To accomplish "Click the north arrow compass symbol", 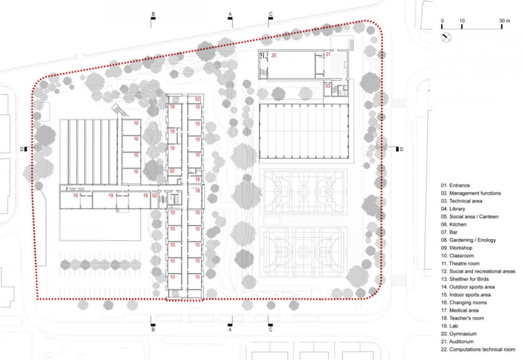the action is click(446, 37).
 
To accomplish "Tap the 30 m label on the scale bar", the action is click(504, 21).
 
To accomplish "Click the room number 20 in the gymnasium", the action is click(274, 55).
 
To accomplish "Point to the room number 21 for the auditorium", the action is click(328, 54).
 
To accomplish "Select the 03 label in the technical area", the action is click(328, 86).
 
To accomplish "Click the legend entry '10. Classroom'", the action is click(457, 255).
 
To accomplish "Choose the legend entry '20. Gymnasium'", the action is click(459, 334).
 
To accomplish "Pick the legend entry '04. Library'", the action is click(453, 209).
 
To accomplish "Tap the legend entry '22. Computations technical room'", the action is click(478, 350).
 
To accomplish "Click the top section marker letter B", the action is click(153, 14).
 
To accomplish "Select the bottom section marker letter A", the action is click(230, 330).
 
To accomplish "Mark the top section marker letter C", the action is click(270, 14).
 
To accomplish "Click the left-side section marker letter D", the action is click(22, 149).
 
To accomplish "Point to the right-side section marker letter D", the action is click(401, 149).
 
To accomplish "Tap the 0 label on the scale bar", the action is click(442, 21).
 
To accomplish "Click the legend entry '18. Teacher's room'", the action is click(462, 318).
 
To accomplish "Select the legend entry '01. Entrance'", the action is click(456, 186).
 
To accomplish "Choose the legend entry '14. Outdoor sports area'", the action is click(468, 287).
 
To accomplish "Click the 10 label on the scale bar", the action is click(462, 21).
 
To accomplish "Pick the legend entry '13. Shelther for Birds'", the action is click(464, 279).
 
